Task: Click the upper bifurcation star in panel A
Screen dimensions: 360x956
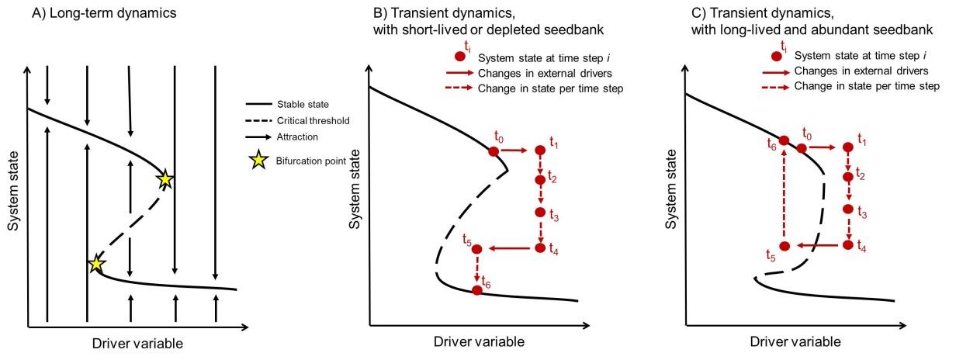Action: [x=165, y=179]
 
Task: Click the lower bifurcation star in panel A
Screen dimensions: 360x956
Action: [x=96, y=264]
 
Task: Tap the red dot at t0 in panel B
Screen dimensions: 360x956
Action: [x=494, y=151]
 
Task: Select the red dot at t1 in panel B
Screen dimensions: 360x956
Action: [x=540, y=151]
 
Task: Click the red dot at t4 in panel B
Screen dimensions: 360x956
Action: [x=541, y=248]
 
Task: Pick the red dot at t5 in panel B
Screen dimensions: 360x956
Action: [x=476, y=248]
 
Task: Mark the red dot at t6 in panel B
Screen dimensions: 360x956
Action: [x=477, y=290]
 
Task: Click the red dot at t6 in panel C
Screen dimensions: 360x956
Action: [x=785, y=140]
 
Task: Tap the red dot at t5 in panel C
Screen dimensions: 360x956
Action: [x=785, y=246]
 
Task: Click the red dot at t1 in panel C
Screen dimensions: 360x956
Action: [x=849, y=146]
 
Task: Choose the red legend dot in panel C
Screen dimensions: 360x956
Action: [x=776, y=56]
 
